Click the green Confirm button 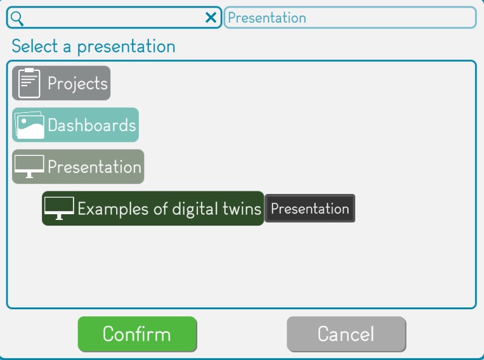pyautogui.click(x=138, y=334)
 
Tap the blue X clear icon pyautogui.click(x=211, y=18)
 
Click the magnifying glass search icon pyautogui.click(x=17, y=18)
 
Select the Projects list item pyautogui.click(x=61, y=83)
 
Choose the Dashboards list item pyautogui.click(x=75, y=125)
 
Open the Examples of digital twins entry pyautogui.click(x=153, y=209)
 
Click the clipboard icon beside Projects pyautogui.click(x=29, y=83)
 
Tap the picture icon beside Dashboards pyautogui.click(x=29, y=125)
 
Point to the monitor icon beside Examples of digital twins pyautogui.click(x=59, y=209)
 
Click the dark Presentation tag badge pyautogui.click(x=310, y=209)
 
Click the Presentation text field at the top pyautogui.click(x=350, y=18)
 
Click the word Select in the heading pyautogui.click(x=34, y=46)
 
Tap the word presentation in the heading pyautogui.click(x=126, y=47)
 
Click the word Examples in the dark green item pyautogui.click(x=113, y=209)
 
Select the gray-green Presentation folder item pyautogui.click(x=78, y=167)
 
